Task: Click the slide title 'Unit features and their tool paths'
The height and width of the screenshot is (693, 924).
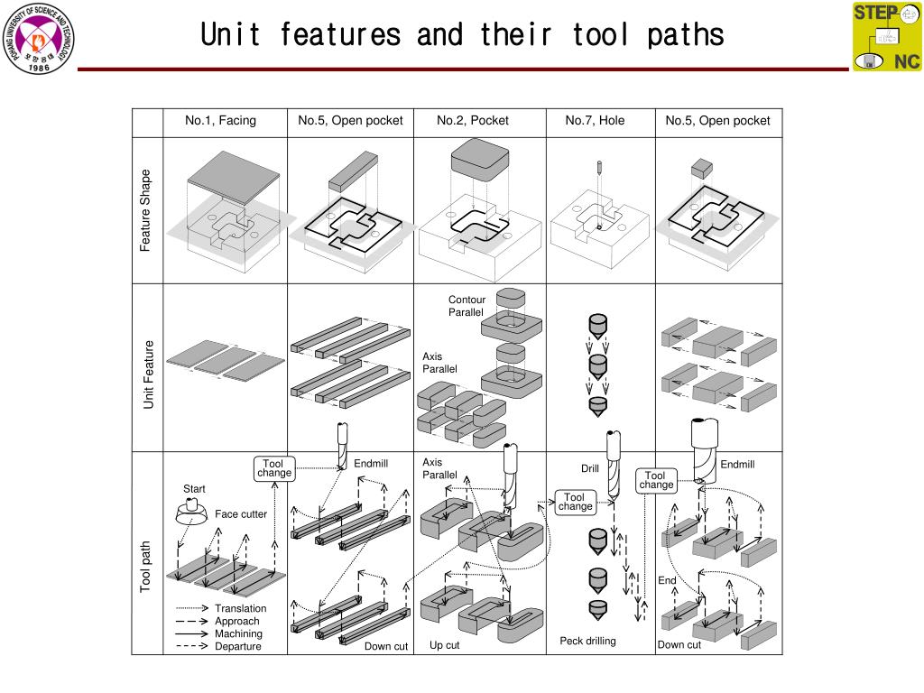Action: point(462,35)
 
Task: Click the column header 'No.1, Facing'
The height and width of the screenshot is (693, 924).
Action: point(220,121)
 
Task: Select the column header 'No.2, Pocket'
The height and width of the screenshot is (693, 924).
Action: point(473,121)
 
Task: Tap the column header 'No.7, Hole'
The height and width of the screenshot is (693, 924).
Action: point(595,121)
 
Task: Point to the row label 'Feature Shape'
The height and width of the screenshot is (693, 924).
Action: point(146,210)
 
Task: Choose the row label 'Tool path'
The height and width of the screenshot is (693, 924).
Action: point(146,566)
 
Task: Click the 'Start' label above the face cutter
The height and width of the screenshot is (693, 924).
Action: point(194,489)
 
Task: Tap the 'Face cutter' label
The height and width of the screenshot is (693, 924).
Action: point(241,514)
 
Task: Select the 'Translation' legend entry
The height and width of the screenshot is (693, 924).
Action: point(240,608)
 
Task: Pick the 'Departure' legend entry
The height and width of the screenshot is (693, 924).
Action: point(237,646)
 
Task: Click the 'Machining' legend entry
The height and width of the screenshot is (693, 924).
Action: point(238,633)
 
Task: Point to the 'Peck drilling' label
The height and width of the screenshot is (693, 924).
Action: point(587,641)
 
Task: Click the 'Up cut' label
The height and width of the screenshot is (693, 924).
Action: point(444,645)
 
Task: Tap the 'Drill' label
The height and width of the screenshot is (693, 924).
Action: point(590,468)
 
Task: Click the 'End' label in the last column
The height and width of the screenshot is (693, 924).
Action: point(666,580)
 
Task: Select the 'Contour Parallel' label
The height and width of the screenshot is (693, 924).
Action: point(467,306)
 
